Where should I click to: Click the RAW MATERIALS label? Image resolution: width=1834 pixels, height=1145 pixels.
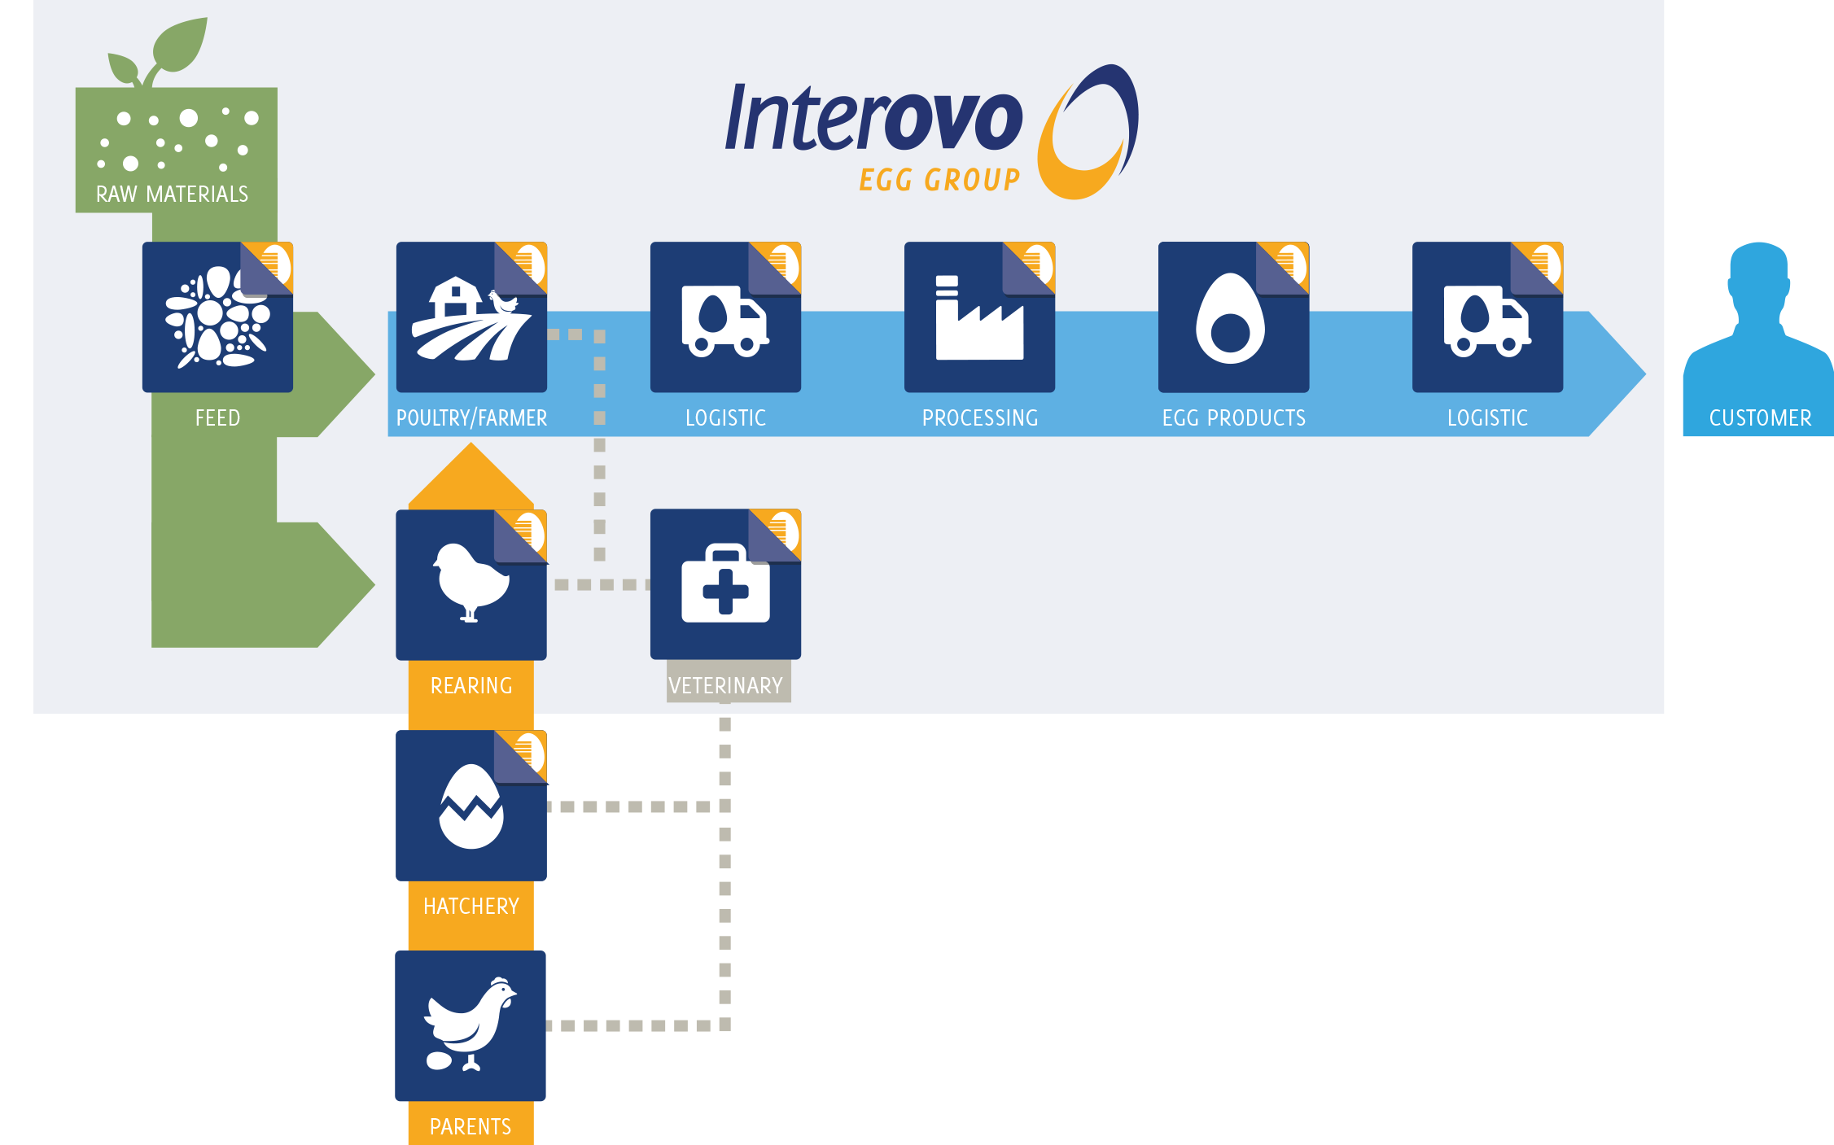172,194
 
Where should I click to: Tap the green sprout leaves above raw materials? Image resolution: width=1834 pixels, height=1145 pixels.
163,54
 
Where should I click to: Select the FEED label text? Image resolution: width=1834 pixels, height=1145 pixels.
217,418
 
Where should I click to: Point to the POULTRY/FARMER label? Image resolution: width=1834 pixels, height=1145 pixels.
471,418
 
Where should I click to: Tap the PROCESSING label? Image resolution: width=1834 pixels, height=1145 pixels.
980,418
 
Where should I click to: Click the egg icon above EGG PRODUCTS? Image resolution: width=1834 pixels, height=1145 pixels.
1230,320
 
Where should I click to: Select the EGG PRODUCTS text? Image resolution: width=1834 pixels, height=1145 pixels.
1233,418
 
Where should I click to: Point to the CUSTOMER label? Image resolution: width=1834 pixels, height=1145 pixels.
1760,418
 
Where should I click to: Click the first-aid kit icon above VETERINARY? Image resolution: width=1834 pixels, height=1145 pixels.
725,583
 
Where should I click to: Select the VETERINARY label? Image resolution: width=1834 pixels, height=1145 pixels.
725,685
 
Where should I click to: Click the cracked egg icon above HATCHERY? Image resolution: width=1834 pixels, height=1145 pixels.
471,806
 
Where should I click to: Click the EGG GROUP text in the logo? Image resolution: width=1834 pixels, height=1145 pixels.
939,180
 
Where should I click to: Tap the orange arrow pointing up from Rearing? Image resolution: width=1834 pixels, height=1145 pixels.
471,478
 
